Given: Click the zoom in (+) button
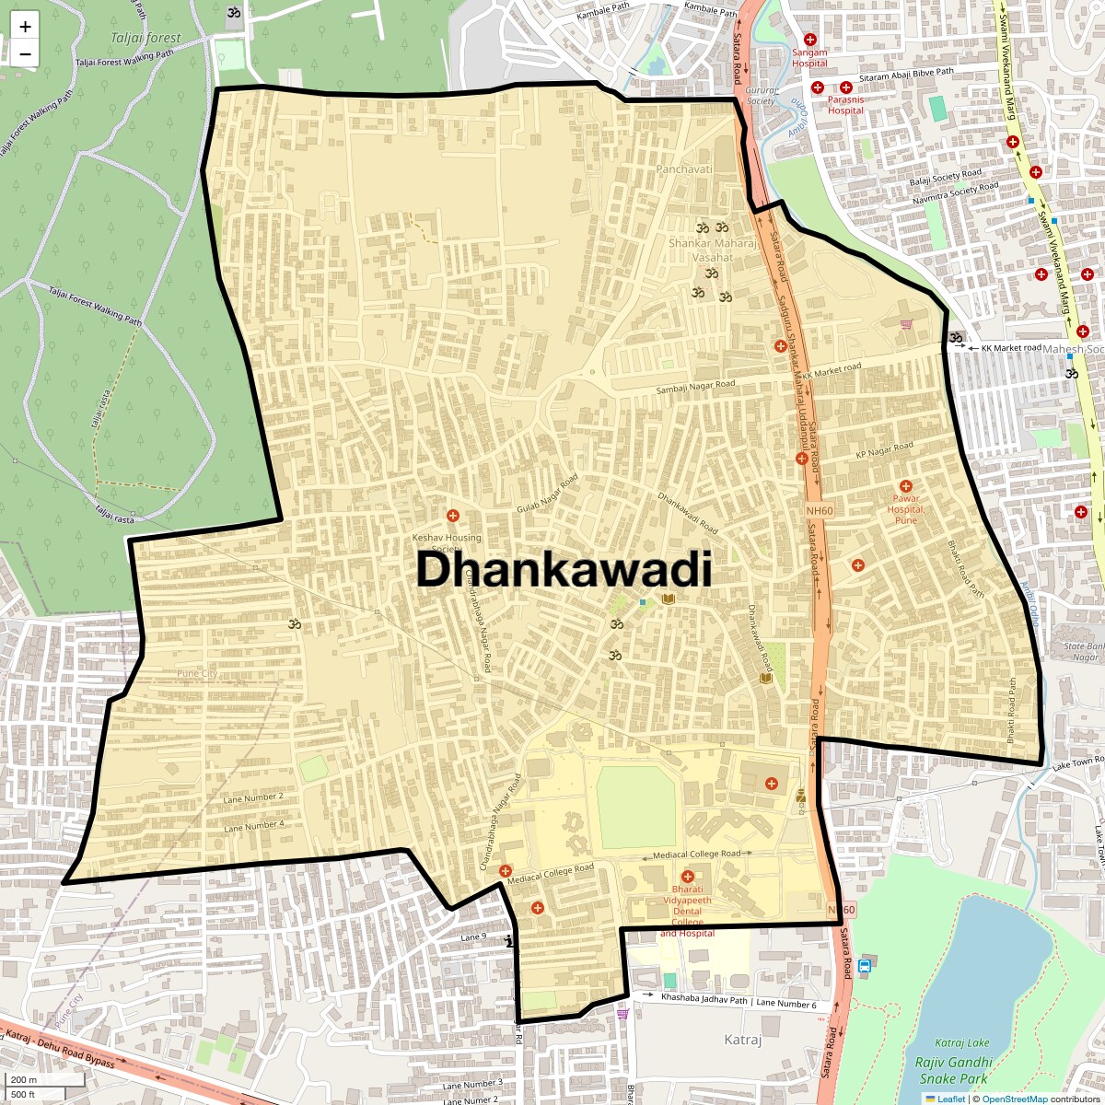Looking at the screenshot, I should click(x=25, y=27).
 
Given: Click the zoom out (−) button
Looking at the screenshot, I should click(x=25, y=53).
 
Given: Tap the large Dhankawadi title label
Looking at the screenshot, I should click(x=564, y=569).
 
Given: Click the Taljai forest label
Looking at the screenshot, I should click(x=145, y=38).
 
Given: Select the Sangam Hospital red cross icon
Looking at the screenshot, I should click(x=810, y=40).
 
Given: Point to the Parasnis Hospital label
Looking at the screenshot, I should click(x=845, y=105).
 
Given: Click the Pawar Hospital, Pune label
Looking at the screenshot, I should click(x=906, y=509).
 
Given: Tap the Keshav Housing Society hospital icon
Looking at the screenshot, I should click(x=452, y=515).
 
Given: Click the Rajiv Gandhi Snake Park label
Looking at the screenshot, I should click(x=953, y=1070).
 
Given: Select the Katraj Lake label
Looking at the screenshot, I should click(x=962, y=1042).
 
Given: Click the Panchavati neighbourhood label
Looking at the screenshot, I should click(x=684, y=169).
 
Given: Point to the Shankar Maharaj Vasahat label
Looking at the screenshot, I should click(x=713, y=250).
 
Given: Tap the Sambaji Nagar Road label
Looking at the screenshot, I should click(x=695, y=388).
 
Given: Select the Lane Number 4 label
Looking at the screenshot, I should click(x=254, y=826).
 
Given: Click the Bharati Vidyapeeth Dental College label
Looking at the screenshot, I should click(x=687, y=906).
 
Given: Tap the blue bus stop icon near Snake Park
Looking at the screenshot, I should click(x=864, y=966).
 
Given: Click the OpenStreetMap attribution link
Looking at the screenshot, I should click(x=1014, y=1099).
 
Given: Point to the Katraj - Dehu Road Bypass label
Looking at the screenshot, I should click(x=61, y=1050).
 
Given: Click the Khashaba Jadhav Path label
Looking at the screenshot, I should click(x=704, y=999).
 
